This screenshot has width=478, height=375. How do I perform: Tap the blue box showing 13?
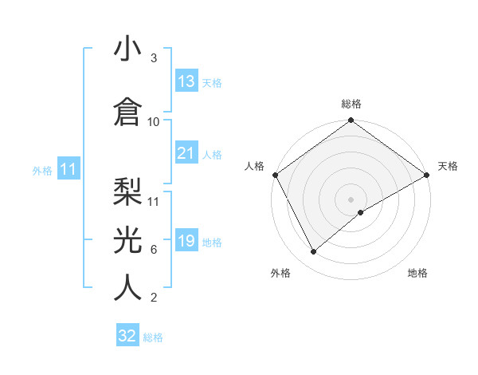[x=186, y=81]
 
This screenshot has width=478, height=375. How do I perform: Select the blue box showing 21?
[x=186, y=153]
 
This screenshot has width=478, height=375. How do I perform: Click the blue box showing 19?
[x=186, y=241]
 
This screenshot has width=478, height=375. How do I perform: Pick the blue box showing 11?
[x=69, y=169]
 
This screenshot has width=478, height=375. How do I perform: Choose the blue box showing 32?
[x=127, y=336]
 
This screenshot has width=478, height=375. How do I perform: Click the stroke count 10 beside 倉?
[x=154, y=121]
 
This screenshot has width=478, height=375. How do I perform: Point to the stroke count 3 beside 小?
[x=154, y=59]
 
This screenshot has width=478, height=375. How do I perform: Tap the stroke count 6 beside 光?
[x=154, y=249]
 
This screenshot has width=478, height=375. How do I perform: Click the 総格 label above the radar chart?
[x=351, y=104]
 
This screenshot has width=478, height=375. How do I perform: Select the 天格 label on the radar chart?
[x=448, y=166]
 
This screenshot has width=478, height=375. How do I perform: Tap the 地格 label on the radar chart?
[x=417, y=273]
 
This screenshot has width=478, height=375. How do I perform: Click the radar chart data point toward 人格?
[x=275, y=175]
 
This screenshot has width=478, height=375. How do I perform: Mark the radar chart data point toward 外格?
[x=313, y=252]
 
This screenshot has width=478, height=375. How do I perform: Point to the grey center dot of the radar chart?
[x=351, y=199]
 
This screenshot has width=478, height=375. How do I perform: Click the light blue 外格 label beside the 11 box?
[x=42, y=170]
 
